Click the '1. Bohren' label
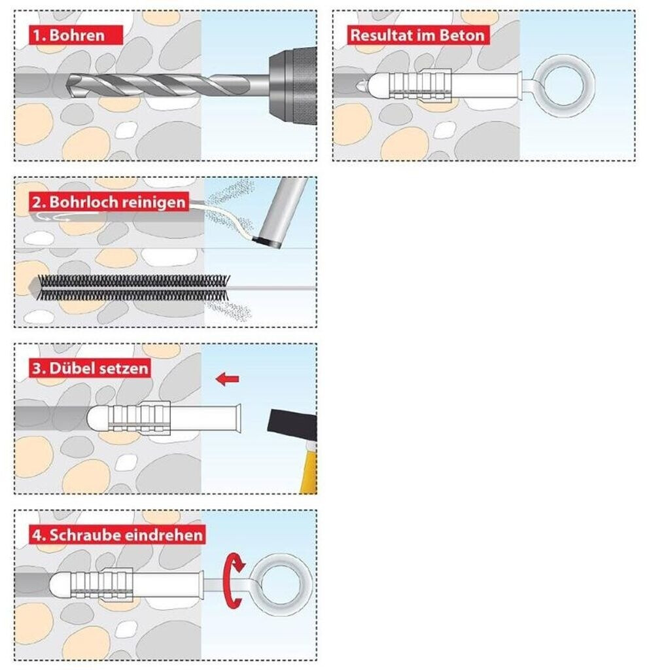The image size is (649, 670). pos(76,35)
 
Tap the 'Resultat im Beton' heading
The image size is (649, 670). pos(417,35)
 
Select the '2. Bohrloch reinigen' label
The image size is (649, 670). pos(109,202)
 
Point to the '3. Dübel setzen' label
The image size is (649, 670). pos(90,368)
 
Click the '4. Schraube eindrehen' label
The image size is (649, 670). pos(117,535)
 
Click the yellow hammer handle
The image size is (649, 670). pos(309,469)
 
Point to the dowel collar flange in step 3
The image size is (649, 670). pos(237,418)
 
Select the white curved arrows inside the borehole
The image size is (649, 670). pos(53,218)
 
